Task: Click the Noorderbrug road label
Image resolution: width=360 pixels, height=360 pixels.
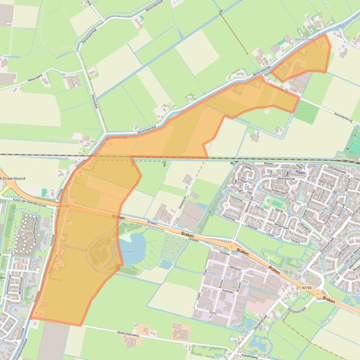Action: (346, 116)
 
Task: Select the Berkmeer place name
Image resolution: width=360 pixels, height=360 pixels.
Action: (306, 40)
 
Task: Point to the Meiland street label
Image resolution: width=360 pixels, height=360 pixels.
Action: (235, 269)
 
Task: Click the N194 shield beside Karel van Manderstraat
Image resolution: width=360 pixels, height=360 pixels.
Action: (65, 205)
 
